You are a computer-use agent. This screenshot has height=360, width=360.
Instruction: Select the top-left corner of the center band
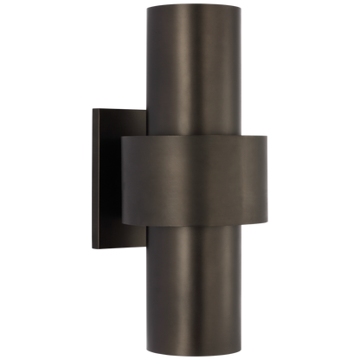(120, 136)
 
